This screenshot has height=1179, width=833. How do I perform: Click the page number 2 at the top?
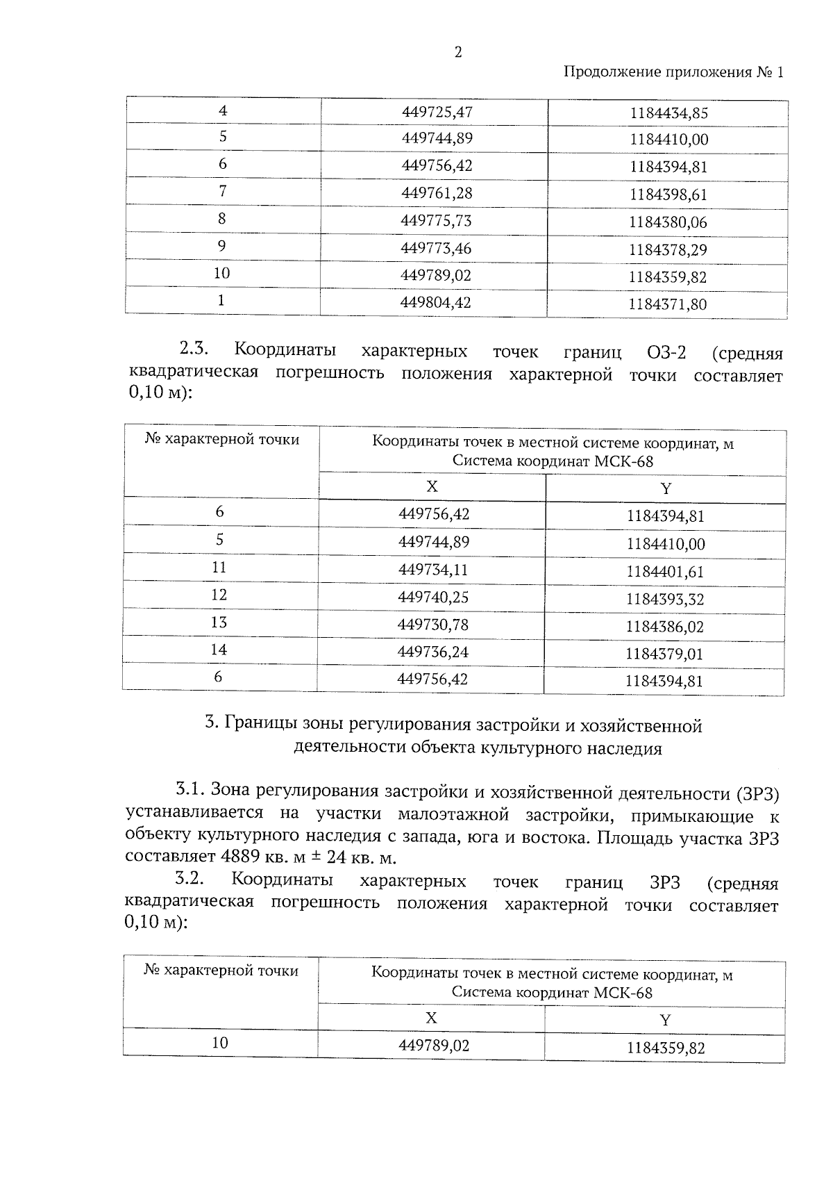pyautogui.click(x=457, y=53)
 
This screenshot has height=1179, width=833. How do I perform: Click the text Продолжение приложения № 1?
pyautogui.click(x=673, y=72)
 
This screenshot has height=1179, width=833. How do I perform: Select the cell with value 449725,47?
pyautogui.click(x=437, y=111)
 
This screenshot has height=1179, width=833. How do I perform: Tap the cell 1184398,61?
pyautogui.click(x=668, y=195)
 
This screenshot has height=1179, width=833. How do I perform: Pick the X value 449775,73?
pyautogui.click(x=437, y=220)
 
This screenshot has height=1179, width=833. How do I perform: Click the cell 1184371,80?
pyautogui.click(x=667, y=304)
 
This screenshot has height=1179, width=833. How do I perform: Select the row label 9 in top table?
pyautogui.click(x=221, y=246)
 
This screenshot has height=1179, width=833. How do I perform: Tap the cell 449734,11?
pyautogui.click(x=433, y=570)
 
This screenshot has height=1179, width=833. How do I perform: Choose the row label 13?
pyautogui.click(x=219, y=623)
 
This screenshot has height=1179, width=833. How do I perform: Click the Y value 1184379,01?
pyautogui.click(x=664, y=654)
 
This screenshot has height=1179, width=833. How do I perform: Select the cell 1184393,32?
pyautogui.click(x=665, y=599)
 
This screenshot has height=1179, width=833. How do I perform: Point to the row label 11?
pyautogui.click(x=219, y=568)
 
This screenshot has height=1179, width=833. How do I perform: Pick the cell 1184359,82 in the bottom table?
pyautogui.click(x=665, y=1048)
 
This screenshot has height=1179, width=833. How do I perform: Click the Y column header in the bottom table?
pyautogui.click(x=665, y=1020)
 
